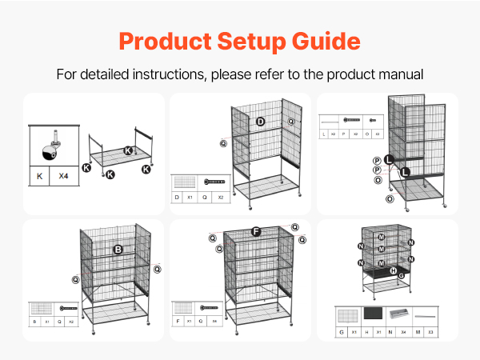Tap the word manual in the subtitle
[400, 74]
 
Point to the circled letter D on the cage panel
[261, 122]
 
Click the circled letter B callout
[118, 250]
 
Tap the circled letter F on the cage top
[256, 231]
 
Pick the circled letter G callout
[401, 276]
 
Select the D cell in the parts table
[178, 197]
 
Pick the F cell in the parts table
[178, 321]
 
